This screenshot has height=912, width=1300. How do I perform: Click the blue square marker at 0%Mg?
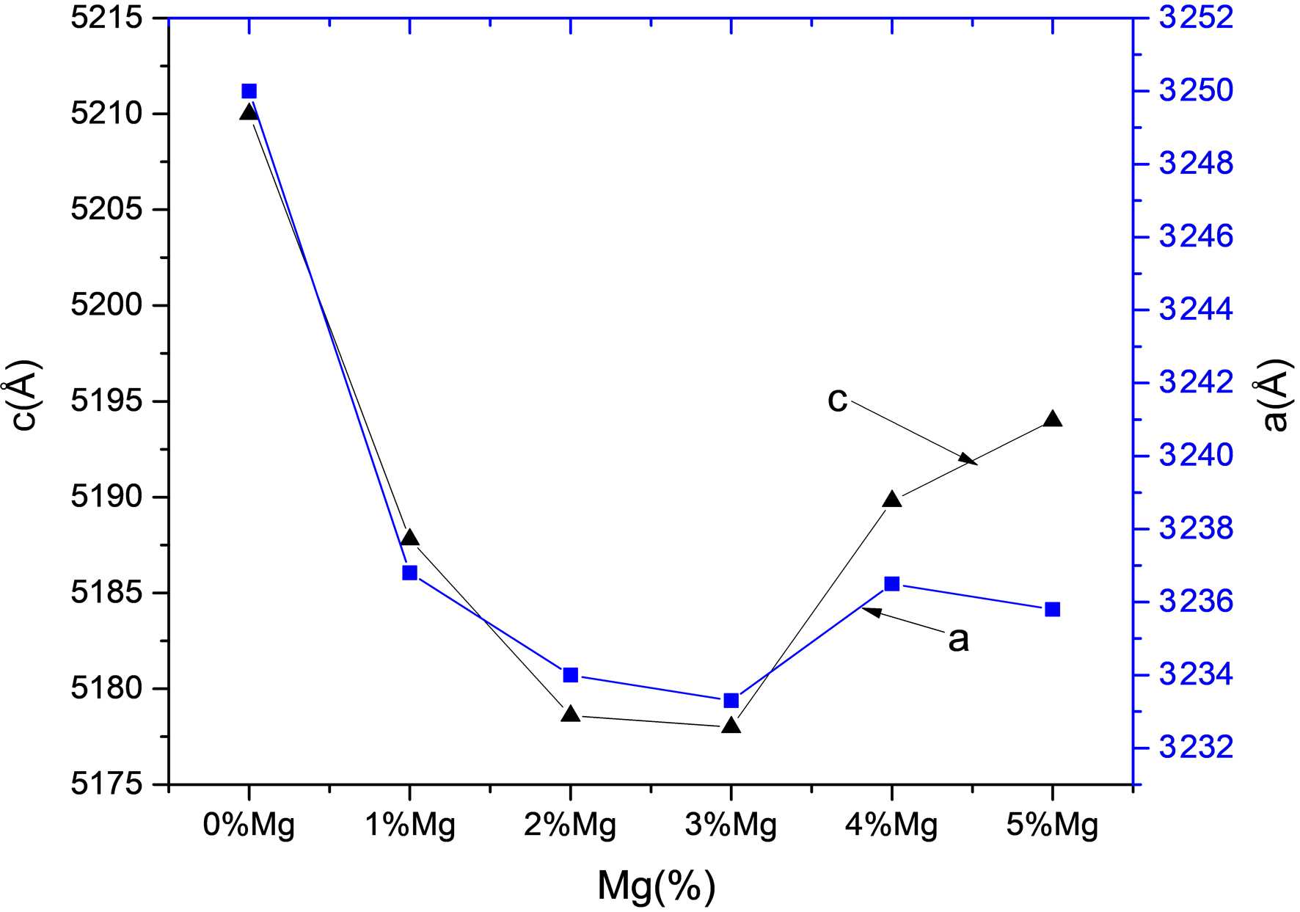pyautogui.click(x=249, y=91)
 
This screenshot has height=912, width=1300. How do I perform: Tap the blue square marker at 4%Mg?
pyautogui.click(x=892, y=584)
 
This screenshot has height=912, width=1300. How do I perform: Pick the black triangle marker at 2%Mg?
pyautogui.click(x=571, y=714)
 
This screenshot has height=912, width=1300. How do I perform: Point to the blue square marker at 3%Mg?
pyautogui.click(x=731, y=701)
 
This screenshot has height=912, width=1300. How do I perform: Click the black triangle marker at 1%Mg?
pyautogui.click(x=410, y=538)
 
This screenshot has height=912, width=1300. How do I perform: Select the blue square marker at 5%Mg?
pyautogui.click(x=1053, y=609)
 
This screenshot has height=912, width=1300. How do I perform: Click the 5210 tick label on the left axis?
pyautogui.click(x=106, y=114)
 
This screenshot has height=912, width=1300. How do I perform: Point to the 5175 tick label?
pyautogui.click(x=106, y=784)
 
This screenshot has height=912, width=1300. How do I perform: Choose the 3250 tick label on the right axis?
pyautogui.click(x=1196, y=91)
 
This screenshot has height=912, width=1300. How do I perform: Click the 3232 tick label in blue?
pyautogui.click(x=1196, y=748)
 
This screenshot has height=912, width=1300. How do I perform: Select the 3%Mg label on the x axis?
pyautogui.click(x=731, y=825)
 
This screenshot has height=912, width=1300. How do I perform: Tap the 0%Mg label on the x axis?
pyautogui.click(x=249, y=825)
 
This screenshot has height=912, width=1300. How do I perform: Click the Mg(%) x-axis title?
pyautogui.click(x=656, y=886)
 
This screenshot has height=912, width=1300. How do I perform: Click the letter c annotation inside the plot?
pyautogui.click(x=837, y=399)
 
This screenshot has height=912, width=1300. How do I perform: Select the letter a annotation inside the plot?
pyautogui.click(x=958, y=639)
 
